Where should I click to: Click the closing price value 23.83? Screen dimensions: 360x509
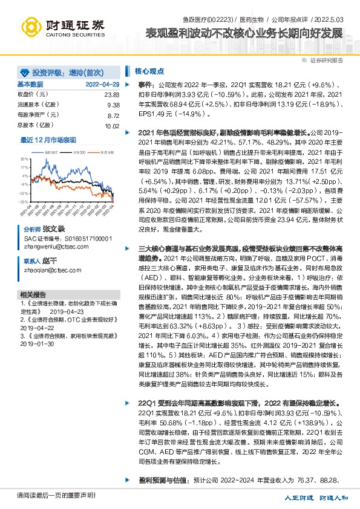click(111, 95)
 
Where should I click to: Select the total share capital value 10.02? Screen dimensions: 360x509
click(111, 126)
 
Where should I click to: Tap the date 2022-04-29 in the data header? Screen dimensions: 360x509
click(102, 84)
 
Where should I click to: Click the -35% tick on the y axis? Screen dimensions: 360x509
click(22, 201)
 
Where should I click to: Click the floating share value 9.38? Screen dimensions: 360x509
click(113, 105)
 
